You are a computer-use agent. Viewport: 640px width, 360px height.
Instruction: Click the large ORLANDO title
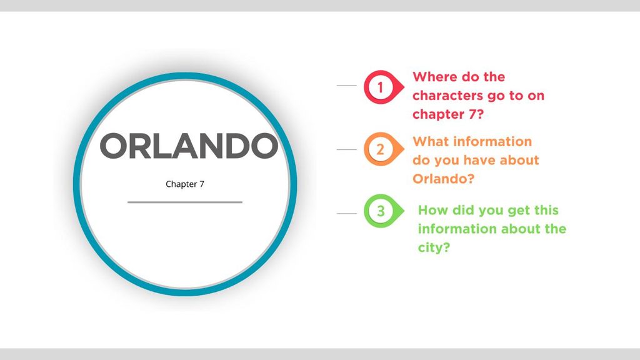click(189, 146)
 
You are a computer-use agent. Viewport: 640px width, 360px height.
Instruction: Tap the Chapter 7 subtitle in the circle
click(185, 184)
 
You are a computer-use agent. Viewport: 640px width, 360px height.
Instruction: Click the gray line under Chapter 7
click(185, 202)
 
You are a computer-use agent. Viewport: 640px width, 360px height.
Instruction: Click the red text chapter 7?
click(447, 114)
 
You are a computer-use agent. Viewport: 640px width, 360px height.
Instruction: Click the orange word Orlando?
click(443, 179)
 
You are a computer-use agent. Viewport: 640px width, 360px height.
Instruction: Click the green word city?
click(434, 247)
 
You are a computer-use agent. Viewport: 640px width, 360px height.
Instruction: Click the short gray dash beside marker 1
click(346, 85)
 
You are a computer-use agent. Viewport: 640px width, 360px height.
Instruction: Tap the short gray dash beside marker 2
click(346, 149)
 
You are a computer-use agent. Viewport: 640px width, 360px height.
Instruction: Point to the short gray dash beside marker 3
click(346, 213)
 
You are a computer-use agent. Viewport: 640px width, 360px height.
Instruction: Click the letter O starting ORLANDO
click(114, 146)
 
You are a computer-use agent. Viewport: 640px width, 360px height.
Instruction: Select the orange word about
click(519, 160)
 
